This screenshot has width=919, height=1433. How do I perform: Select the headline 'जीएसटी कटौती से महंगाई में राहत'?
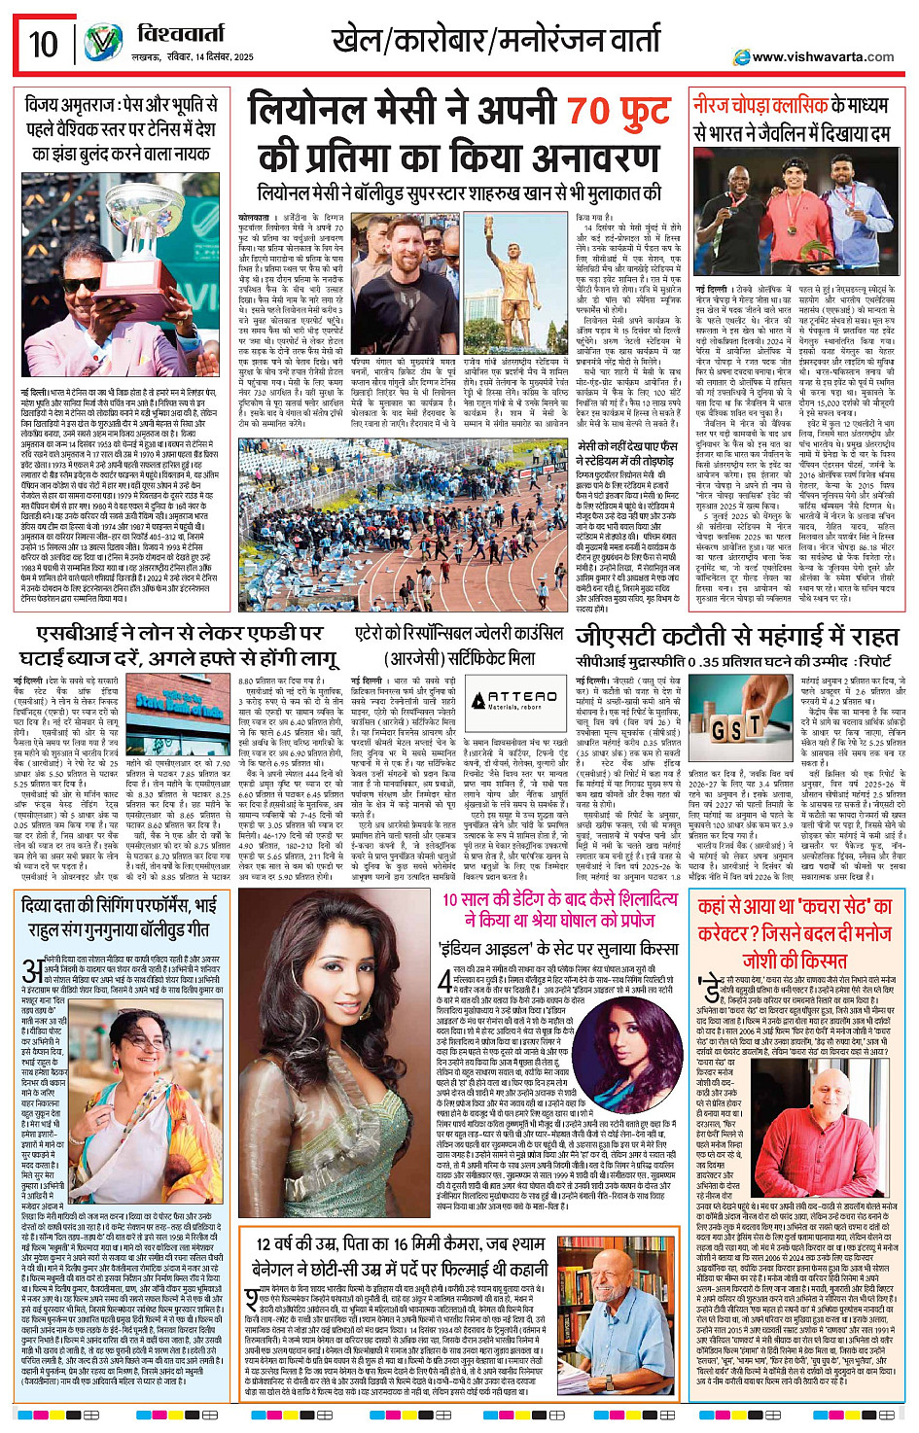tap(737, 636)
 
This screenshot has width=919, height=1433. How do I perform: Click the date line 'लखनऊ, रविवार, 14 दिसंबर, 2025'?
tap(192, 57)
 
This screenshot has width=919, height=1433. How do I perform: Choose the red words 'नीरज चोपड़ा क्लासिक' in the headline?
tap(760, 105)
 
